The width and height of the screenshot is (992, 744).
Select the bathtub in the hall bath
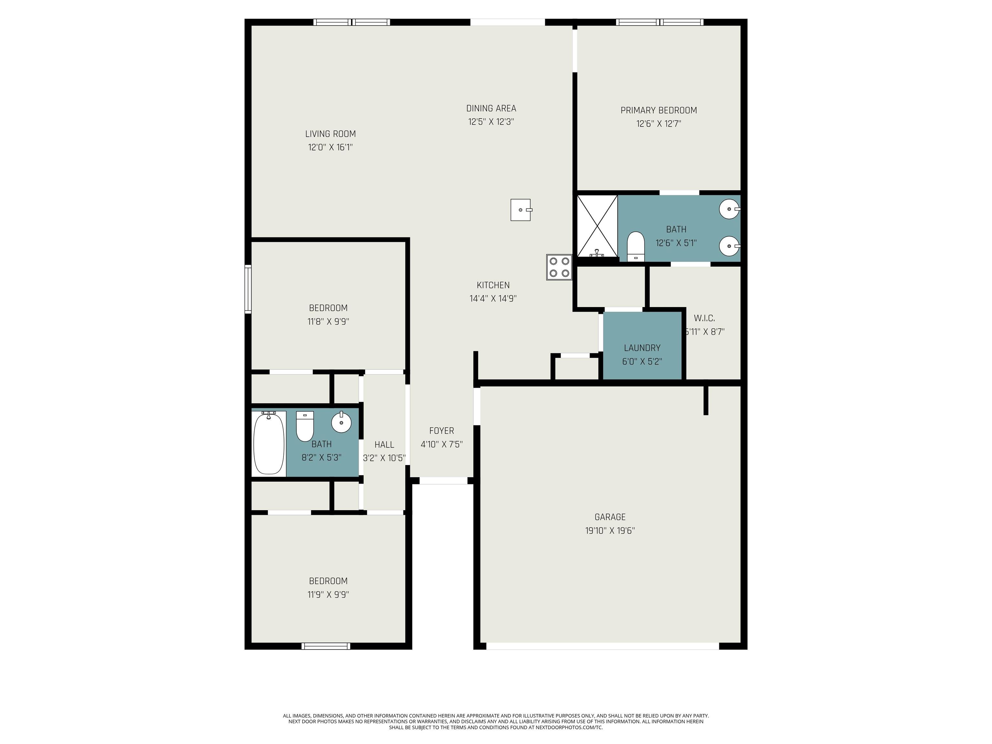(269, 443)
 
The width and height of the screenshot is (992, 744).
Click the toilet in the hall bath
(305, 426)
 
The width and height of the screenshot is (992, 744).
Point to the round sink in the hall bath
(341, 422)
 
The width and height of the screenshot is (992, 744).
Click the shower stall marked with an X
(597, 226)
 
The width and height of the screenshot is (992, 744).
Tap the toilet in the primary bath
(635, 246)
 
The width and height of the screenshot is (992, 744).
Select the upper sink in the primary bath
(730, 209)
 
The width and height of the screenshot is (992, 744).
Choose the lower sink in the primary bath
(730, 246)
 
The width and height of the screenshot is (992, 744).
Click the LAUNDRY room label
(642, 347)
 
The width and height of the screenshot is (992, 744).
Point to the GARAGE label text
(610, 517)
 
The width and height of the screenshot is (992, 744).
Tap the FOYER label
(442, 430)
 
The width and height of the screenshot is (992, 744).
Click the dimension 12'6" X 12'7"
(659, 123)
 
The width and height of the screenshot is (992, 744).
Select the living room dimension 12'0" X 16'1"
(331, 147)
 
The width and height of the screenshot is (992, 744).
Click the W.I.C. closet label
(705, 318)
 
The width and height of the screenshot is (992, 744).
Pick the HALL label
(384, 444)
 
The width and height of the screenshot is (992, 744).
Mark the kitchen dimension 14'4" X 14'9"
(493, 298)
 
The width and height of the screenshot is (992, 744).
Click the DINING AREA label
(491, 108)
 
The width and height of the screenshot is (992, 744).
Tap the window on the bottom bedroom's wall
(326, 646)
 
